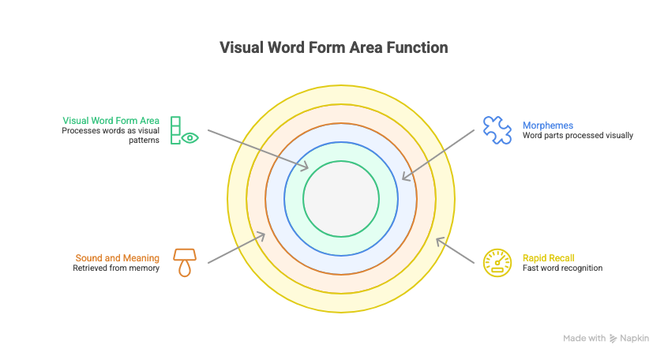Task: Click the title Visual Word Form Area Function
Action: (333, 48)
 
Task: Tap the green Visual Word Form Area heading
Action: (111, 121)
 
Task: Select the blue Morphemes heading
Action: (547, 126)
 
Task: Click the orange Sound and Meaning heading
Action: (118, 258)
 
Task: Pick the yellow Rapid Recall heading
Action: (548, 258)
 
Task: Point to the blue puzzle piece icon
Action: (497, 130)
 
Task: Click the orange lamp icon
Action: (185, 262)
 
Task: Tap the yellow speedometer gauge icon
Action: (497, 262)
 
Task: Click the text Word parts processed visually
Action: (577, 136)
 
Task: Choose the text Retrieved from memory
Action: (117, 268)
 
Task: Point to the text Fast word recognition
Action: (562, 268)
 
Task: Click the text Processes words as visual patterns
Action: (111, 135)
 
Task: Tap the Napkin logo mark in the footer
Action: (613, 338)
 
